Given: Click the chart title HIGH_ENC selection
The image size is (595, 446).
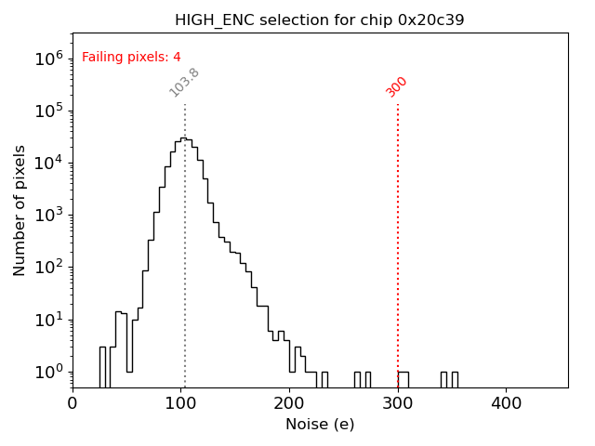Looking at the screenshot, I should click(320, 20).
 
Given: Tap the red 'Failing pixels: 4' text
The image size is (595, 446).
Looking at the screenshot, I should click(131, 58).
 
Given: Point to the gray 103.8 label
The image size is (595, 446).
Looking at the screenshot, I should click(184, 83).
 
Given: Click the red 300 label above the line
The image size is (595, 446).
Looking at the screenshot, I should click(397, 86).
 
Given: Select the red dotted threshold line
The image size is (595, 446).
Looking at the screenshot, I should click(398, 232).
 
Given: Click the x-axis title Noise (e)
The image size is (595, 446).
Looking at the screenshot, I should click(320, 425).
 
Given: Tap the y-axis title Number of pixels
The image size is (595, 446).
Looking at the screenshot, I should click(20, 210).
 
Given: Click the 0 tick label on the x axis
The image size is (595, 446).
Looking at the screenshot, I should click(73, 404).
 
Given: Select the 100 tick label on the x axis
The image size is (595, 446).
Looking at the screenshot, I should click(181, 404).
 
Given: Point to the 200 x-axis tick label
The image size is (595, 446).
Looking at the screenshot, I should click(289, 404).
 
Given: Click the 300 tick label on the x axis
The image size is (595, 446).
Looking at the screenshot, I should click(398, 404).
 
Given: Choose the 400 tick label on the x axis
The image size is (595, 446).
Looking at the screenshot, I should click(506, 404).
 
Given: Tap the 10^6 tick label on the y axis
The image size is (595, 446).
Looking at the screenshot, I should click(47, 59).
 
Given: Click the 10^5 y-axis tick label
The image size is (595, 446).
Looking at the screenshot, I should click(47, 111).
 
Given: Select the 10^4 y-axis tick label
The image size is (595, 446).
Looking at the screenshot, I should click(47, 163).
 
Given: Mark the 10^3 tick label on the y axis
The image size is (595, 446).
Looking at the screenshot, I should click(47, 215).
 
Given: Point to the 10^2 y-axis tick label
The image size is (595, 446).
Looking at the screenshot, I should click(47, 268).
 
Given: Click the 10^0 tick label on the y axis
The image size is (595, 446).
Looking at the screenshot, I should click(47, 372).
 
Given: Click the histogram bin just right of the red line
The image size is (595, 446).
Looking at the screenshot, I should click(403, 379).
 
